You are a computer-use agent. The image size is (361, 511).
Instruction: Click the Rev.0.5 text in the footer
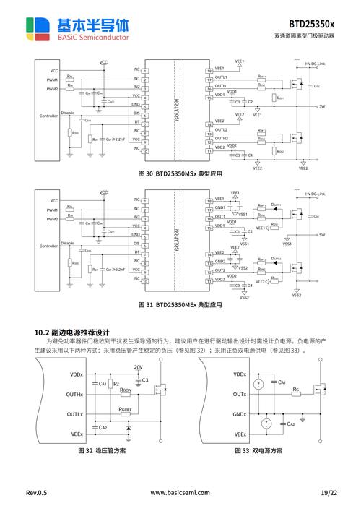pyautogui.click(x=36, y=493)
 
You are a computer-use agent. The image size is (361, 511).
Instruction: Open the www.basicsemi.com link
pyautogui.click(x=180, y=493)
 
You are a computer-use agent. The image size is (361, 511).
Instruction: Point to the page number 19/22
pyautogui.click(x=328, y=493)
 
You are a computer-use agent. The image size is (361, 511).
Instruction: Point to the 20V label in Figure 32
pyautogui.click(x=139, y=367)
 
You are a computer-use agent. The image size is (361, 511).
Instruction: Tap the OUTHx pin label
pyautogui.click(x=75, y=395)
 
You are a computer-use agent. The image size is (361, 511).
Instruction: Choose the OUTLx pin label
pyautogui.click(x=75, y=415)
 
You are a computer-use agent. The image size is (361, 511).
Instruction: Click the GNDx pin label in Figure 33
pyautogui.click(x=240, y=415)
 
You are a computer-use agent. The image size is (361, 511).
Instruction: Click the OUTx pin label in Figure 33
pyautogui.click(x=240, y=395)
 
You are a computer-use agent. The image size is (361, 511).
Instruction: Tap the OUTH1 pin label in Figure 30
pyautogui.click(x=222, y=86)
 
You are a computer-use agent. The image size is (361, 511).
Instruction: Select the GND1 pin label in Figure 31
pyautogui.click(x=220, y=207)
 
